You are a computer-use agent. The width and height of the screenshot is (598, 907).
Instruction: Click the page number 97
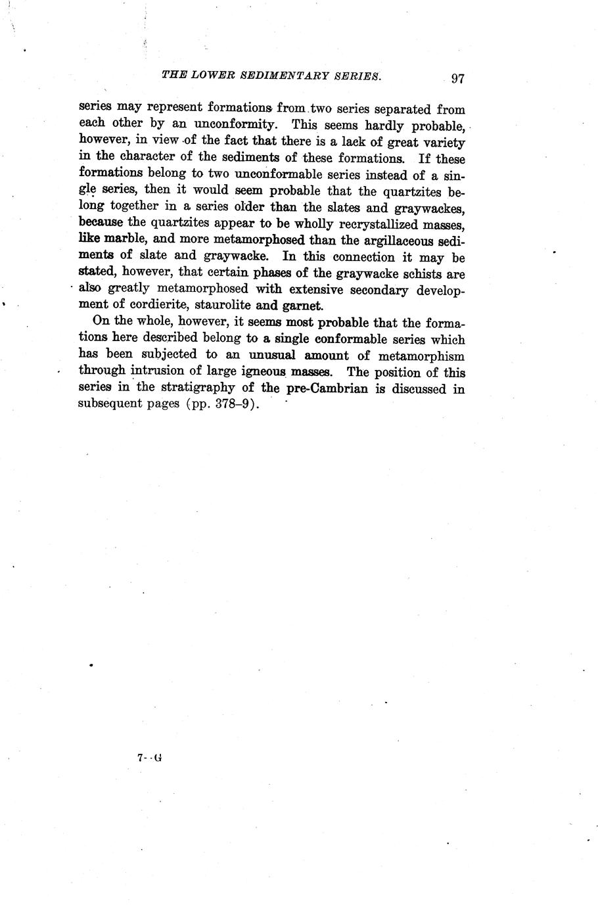click(458, 78)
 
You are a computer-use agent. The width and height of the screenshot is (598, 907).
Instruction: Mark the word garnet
click(302, 306)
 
